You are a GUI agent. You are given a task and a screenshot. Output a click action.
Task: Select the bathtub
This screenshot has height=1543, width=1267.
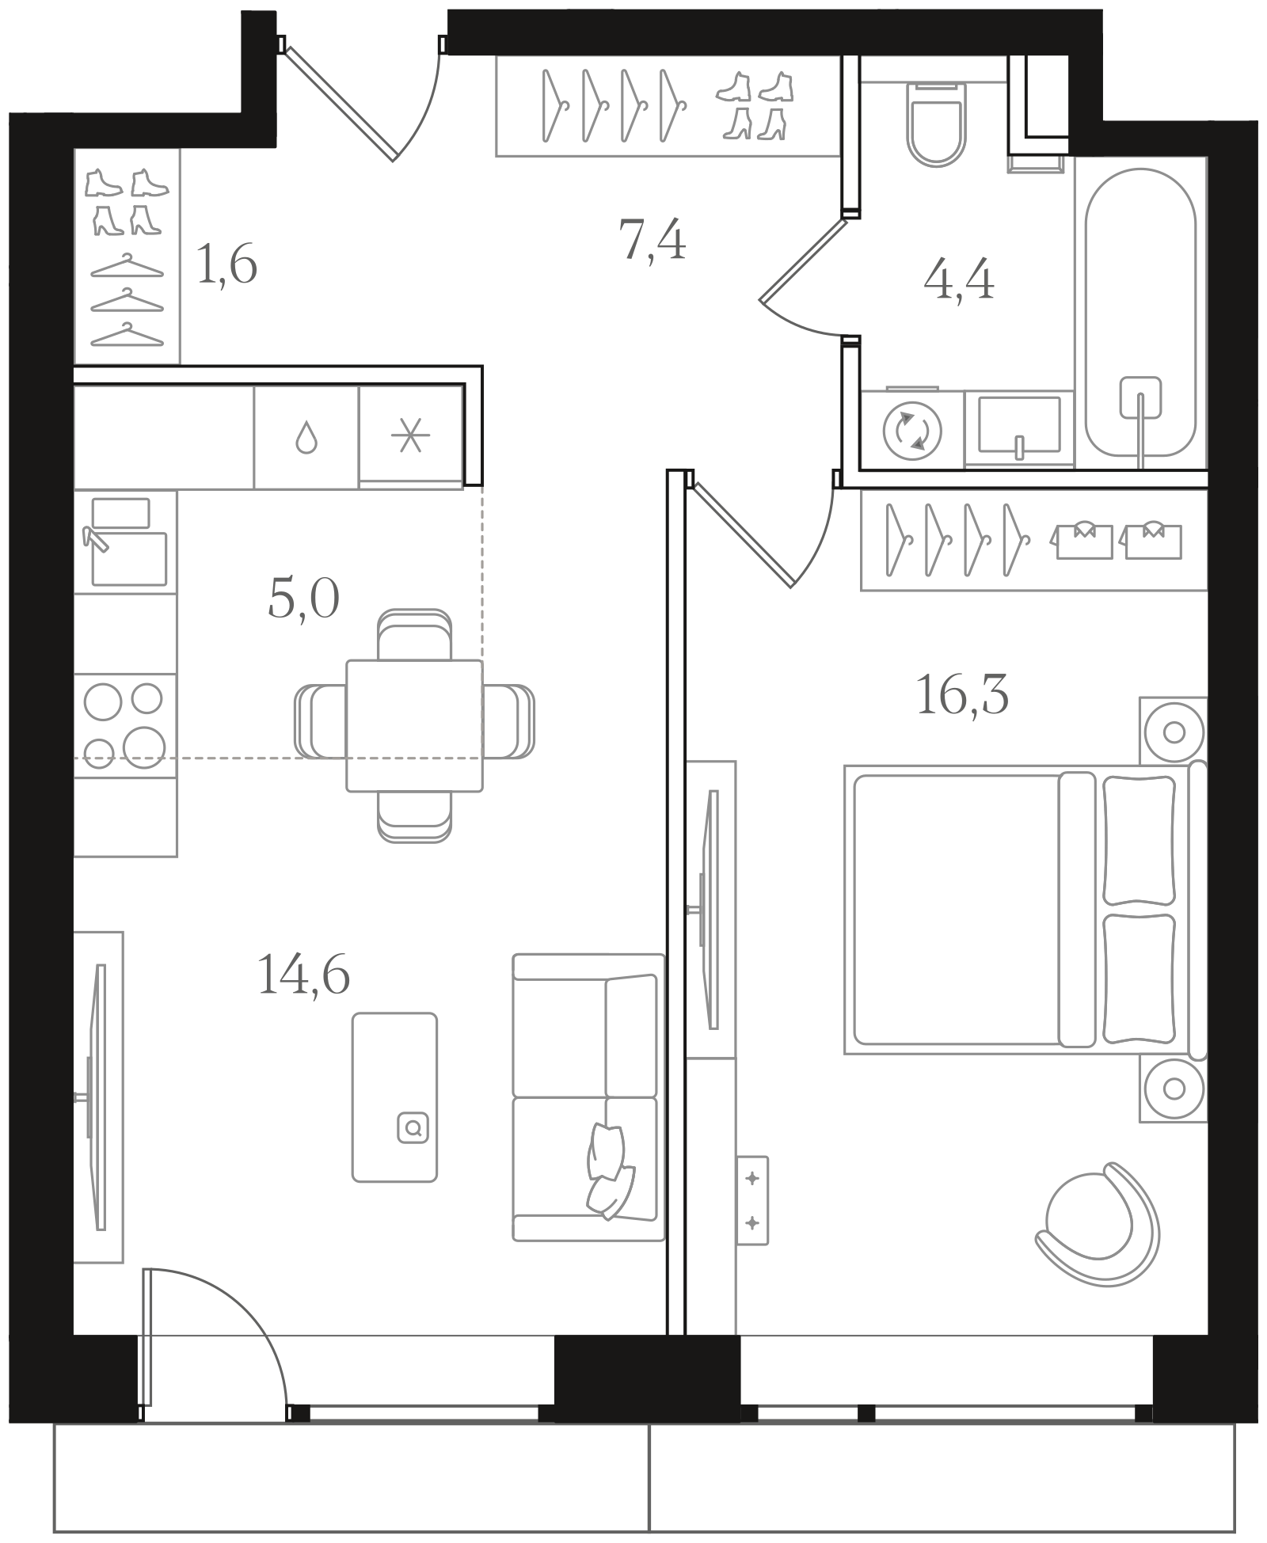coord(1140,313)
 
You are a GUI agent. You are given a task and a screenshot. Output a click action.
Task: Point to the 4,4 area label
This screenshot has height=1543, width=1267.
coord(959,279)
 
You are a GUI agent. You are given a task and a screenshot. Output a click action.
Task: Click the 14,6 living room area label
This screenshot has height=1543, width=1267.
coord(303,974)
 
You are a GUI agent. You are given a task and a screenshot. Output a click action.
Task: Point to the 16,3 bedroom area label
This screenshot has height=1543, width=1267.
coord(962,694)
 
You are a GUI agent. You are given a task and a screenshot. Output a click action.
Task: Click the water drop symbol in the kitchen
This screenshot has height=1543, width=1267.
coord(306,437)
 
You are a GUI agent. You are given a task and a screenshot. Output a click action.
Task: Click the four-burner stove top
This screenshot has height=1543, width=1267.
coord(125,724)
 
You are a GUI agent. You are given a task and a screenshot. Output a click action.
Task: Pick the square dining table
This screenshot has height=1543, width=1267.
coord(414,725)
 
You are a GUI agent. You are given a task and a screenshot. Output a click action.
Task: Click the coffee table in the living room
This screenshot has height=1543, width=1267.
coord(394,1097)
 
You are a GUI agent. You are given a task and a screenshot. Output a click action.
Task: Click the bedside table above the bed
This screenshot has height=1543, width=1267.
coord(1174,732)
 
